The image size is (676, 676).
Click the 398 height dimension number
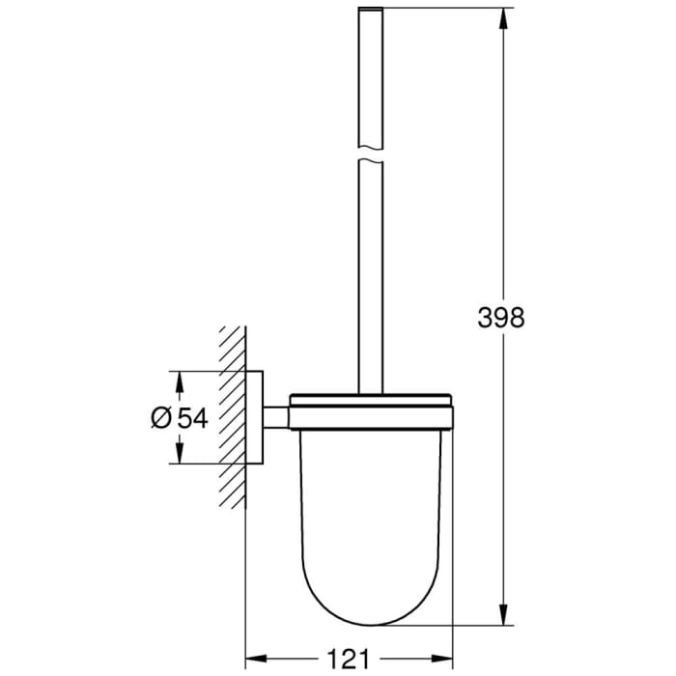click(501, 316)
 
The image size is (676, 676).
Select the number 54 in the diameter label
click(191, 417)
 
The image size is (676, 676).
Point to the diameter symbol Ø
click(161, 417)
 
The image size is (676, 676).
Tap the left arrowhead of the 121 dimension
click(253, 659)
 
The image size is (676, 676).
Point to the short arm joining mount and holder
click(276, 416)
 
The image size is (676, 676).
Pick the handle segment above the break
click(370, 77)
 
